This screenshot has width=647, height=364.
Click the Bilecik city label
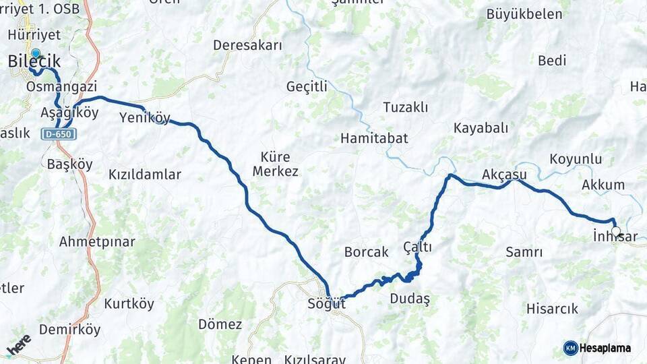tap(34, 62)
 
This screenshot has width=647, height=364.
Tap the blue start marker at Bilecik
tap(35, 53)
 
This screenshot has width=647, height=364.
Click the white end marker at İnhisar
tap(616, 231)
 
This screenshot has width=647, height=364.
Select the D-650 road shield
tap(58, 134)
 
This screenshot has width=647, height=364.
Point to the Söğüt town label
tap(328, 303)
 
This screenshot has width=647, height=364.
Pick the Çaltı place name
tap(418, 247)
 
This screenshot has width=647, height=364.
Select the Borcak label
tap(367, 252)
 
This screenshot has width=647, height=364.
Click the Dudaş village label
tap(409, 299)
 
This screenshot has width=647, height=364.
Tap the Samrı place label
tap(524, 252)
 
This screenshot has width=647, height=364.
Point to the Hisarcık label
tap(552, 309)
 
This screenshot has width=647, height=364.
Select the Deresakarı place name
tap(247, 45)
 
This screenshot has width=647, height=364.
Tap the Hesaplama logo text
tap(605, 348)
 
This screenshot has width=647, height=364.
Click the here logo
tap(19, 344)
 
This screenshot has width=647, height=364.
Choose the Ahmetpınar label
tap(97, 241)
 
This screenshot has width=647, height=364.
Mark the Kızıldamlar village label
tap(145, 175)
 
